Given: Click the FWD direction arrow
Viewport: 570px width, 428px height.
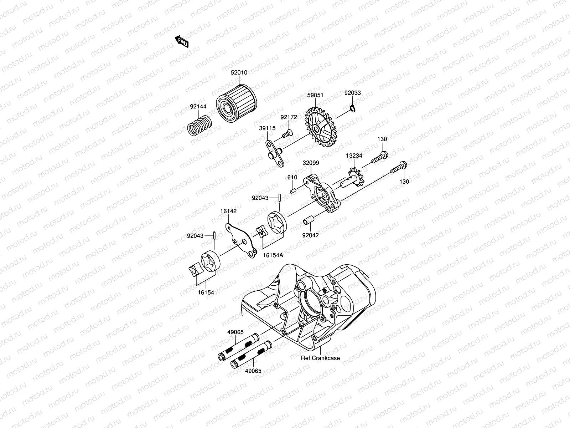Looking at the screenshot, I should pyautogui.click(x=182, y=42).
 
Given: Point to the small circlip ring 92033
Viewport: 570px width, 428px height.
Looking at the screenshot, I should pyautogui.click(x=352, y=108).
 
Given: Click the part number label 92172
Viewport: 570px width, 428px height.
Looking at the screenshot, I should pyautogui.click(x=288, y=117).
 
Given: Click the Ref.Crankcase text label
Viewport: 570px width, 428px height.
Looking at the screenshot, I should pyautogui.click(x=320, y=358).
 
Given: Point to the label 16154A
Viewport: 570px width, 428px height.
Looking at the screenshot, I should pyautogui.click(x=273, y=255).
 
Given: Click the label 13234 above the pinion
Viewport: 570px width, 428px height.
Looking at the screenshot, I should pyautogui.click(x=354, y=156).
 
